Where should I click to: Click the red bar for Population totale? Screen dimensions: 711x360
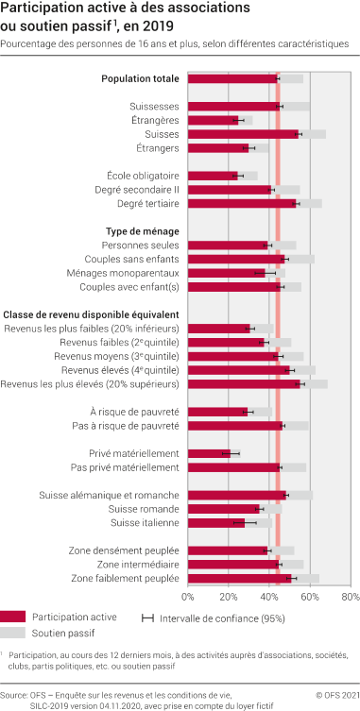[231, 78]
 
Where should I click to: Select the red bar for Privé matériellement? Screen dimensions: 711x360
[208, 453]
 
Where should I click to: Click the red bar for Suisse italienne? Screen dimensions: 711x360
[215, 522]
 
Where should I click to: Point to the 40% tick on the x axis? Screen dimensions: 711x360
[269, 598]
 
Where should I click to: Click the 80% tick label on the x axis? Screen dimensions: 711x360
[351, 598]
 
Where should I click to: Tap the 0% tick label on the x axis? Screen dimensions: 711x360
[188, 598]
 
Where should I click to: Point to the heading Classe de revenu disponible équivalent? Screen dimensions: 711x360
[92, 313]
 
